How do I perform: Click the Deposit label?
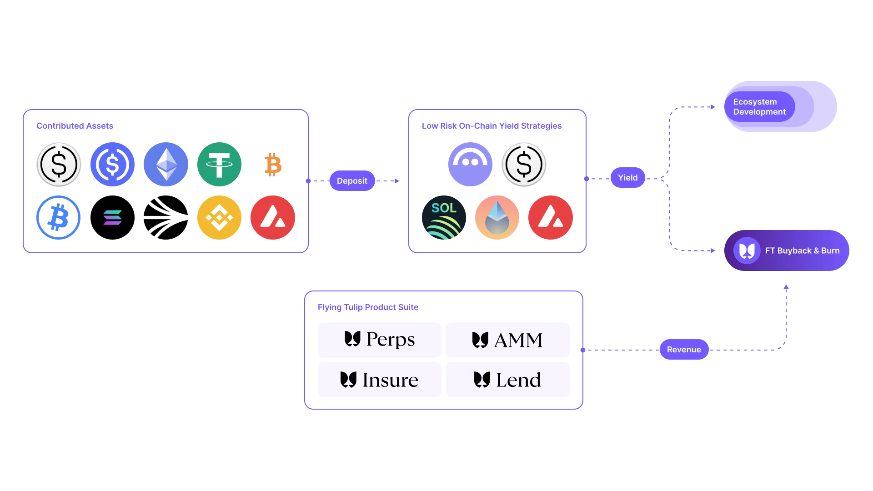[x=352, y=181]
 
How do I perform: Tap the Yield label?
[x=627, y=178]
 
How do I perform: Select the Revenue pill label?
[x=684, y=350]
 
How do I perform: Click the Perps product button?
[x=379, y=340]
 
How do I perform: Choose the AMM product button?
[x=507, y=340]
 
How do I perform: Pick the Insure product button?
[x=379, y=380]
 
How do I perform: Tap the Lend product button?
[x=507, y=380]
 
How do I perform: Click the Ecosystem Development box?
[x=780, y=107]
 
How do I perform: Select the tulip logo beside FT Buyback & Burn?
[x=747, y=251]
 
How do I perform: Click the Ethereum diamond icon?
[x=166, y=165]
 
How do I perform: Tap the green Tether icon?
[x=219, y=165]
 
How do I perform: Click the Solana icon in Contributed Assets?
[x=112, y=218]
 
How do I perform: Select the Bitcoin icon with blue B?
[x=58, y=218]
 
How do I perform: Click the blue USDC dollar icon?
[x=112, y=165]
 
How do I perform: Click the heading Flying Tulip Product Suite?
[x=368, y=307]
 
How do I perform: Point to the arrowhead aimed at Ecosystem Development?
[x=712, y=107]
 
